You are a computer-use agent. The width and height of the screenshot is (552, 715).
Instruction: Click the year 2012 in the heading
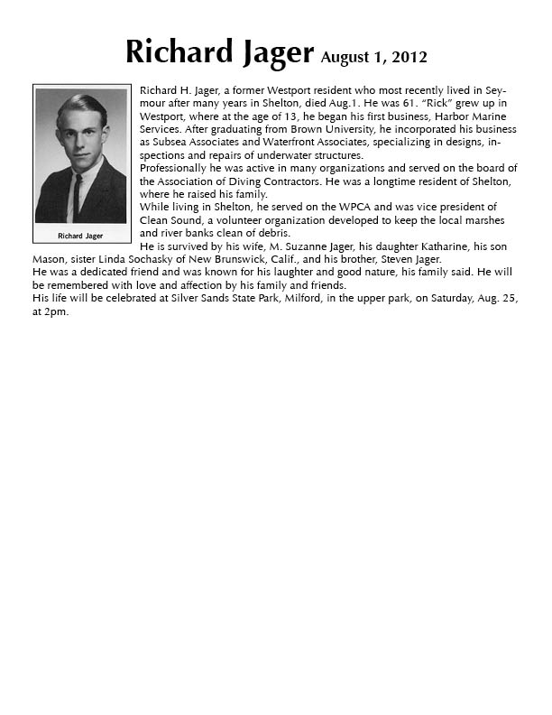pyautogui.click(x=408, y=58)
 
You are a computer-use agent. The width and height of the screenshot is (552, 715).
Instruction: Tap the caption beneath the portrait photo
pyautogui.click(x=80, y=236)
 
